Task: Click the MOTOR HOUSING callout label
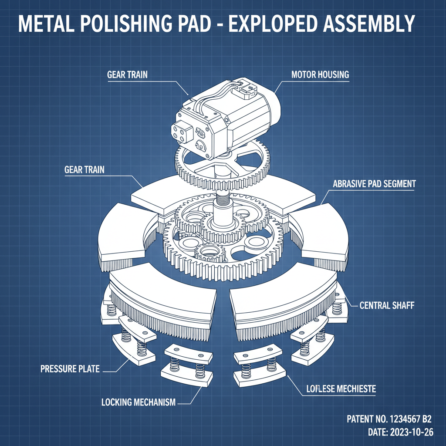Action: click(320, 74)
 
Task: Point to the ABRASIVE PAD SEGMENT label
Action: click(374, 184)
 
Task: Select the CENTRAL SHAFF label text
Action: click(386, 305)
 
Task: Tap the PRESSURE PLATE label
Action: click(70, 369)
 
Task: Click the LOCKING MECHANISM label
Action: click(138, 402)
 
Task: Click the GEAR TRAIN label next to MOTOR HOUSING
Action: click(127, 74)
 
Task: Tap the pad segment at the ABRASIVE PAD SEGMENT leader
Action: click(320, 226)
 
